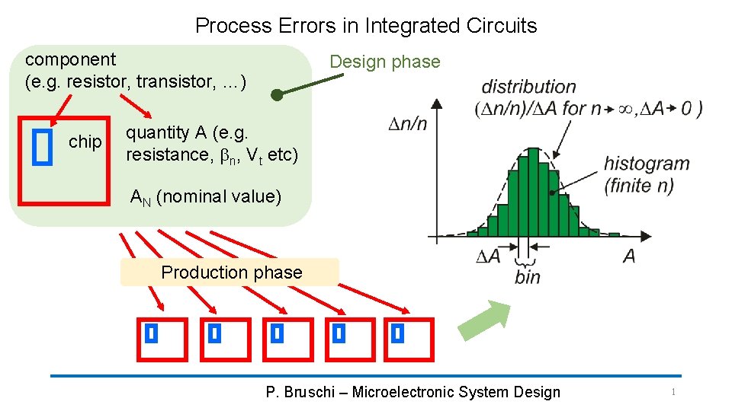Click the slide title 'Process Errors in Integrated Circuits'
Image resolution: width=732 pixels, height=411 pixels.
366,26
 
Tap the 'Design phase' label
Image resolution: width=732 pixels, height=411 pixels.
384,62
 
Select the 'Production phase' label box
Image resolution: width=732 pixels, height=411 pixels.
230,272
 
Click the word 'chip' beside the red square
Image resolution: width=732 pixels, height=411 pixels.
85,142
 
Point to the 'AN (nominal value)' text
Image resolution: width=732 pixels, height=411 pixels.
206,197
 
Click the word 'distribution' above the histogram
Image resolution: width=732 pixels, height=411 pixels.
528,87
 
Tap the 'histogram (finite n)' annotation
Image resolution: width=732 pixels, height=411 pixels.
646,174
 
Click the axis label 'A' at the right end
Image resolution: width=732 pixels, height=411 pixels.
628,256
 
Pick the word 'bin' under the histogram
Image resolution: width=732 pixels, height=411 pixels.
527,277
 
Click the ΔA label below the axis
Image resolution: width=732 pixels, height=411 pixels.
488,256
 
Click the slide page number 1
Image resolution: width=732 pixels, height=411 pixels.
673,392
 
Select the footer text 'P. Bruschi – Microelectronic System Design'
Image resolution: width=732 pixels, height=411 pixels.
413,393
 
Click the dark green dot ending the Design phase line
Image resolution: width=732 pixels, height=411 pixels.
278,96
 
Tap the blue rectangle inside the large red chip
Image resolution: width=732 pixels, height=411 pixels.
44,146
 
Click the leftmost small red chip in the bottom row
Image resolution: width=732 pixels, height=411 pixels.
162,339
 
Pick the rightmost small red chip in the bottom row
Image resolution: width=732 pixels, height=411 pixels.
409,339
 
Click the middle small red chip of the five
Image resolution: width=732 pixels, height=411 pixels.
287,339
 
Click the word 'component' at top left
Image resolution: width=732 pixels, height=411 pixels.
71,59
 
